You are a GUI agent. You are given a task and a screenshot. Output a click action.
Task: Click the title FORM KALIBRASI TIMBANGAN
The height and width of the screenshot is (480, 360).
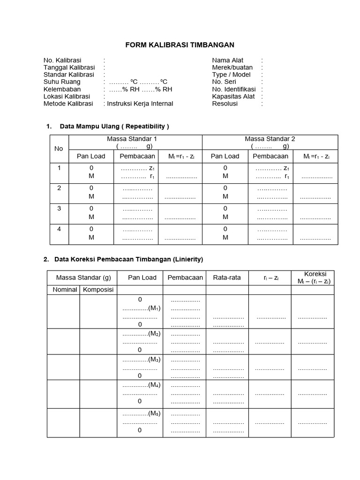[x=180, y=45]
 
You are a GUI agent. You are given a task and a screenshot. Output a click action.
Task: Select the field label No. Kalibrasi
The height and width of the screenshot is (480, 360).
[x=62, y=60]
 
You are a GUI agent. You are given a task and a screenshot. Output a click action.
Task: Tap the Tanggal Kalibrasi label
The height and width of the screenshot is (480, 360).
[x=69, y=67]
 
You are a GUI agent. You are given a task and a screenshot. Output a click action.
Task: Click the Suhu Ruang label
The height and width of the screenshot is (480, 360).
[x=62, y=82]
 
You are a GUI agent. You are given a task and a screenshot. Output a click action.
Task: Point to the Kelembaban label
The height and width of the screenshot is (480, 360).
[x=62, y=89]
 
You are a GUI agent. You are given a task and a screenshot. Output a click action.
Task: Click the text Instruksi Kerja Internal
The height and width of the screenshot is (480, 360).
[x=140, y=104]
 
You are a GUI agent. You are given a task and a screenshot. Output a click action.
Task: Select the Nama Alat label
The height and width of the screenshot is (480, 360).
[x=228, y=60]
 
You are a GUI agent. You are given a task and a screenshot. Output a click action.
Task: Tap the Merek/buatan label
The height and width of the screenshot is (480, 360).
[x=232, y=67]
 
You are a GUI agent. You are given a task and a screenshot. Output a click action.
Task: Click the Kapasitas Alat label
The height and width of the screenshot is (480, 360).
[x=233, y=97]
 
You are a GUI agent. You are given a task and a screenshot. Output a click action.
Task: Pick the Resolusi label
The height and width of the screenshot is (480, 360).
[x=225, y=104]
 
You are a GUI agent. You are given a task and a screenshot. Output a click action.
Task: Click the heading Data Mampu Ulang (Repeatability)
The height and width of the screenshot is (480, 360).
[x=114, y=126]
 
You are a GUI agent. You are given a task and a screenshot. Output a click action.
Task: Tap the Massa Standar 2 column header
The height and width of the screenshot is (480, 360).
[x=270, y=139]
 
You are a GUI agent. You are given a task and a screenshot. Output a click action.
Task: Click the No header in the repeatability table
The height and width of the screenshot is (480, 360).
[x=59, y=149]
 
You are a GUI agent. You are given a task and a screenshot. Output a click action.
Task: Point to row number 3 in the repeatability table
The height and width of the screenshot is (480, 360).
[x=59, y=209]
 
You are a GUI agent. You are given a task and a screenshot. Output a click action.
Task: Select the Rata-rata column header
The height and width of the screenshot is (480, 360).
[x=227, y=277]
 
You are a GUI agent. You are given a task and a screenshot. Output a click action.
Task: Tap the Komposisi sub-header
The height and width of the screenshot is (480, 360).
[x=98, y=290]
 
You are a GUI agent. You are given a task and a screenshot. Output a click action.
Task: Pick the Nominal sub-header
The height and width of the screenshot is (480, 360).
[x=64, y=290]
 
